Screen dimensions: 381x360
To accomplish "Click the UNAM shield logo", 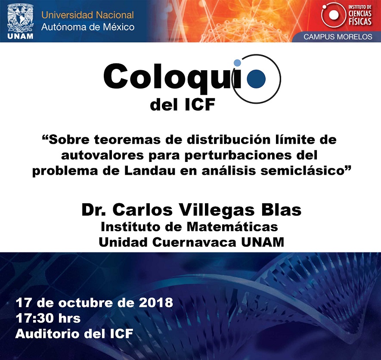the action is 20,22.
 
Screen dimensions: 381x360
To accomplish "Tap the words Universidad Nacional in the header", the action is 87,15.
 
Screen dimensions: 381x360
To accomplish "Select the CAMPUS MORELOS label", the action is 338,37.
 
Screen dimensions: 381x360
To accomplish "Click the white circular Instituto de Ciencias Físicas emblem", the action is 333,15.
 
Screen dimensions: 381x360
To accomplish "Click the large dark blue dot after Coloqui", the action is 256,79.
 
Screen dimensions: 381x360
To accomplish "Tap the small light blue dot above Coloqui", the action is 237,63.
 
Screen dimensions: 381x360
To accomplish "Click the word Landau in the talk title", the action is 150,171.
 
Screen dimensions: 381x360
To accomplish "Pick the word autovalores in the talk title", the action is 102,155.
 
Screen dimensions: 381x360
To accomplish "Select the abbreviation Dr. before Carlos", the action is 93,210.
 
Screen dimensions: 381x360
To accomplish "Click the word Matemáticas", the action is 232,227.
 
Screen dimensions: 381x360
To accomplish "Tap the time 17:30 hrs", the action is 48,318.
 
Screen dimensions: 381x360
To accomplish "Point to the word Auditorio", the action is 47,334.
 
